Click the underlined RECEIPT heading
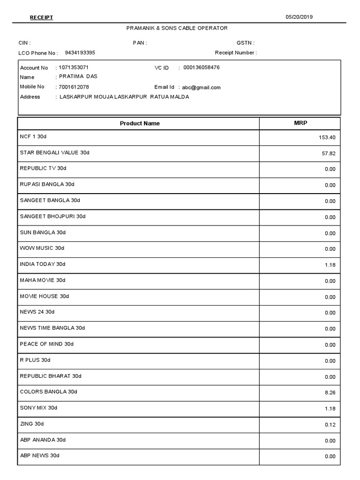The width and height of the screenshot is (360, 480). (41, 18)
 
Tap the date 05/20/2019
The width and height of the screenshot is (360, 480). (299, 17)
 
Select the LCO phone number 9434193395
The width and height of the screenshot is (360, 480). (80, 52)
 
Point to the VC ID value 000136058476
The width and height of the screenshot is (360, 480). (202, 67)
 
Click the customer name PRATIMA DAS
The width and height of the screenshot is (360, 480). (78, 76)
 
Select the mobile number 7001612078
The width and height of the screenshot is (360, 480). (74, 87)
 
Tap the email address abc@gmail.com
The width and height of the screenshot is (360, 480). (201, 87)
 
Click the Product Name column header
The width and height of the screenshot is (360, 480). (140, 124)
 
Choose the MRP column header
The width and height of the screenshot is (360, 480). (300, 123)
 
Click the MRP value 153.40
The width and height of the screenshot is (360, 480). (327, 138)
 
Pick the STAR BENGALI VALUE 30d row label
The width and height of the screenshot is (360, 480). (54, 153)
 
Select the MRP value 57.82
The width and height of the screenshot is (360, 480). (329, 153)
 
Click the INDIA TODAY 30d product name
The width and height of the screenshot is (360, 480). (43, 264)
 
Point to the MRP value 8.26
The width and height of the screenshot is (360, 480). (330, 393)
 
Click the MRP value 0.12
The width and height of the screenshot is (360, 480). (330, 425)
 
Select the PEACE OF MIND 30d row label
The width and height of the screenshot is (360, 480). (47, 344)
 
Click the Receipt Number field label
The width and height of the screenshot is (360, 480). (235, 52)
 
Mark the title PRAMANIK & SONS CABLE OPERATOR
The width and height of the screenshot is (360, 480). (177, 28)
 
